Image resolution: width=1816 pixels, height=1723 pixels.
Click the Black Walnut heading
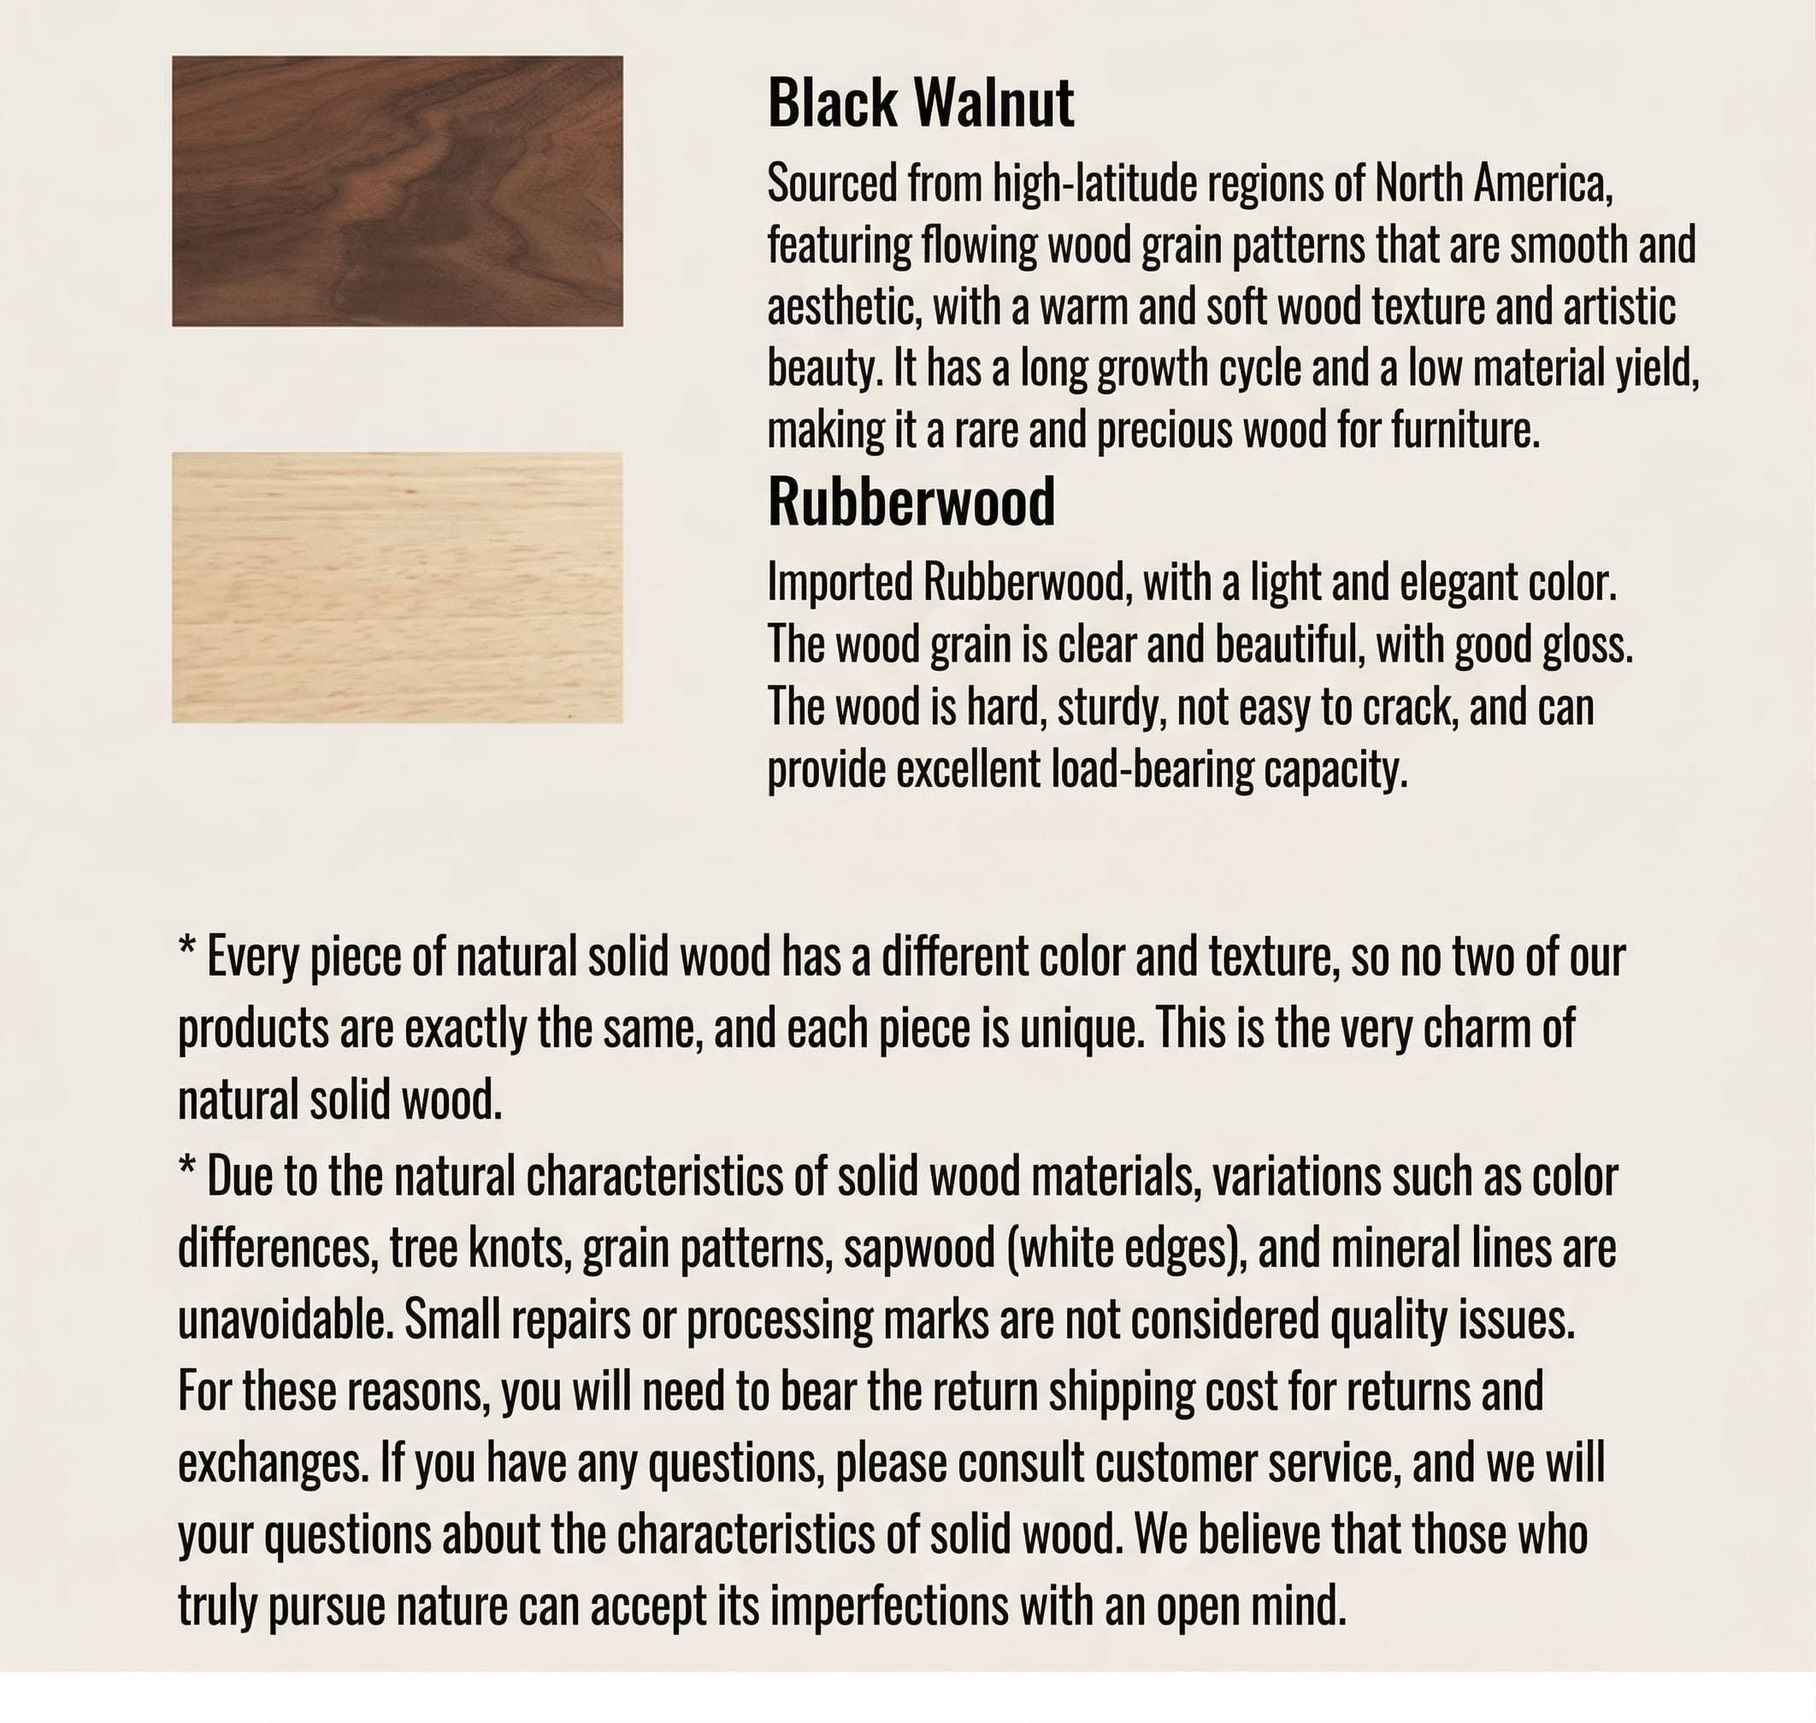pyautogui.click(x=921, y=103)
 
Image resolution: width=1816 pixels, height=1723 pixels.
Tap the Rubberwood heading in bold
pyautogui.click(x=911, y=503)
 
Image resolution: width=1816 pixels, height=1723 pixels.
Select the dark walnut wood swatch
pyautogui.click(x=397, y=191)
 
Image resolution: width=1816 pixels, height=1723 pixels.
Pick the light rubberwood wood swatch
pyautogui.click(x=397, y=588)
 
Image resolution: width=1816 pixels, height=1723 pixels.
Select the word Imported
pyautogui.click(x=840, y=582)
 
